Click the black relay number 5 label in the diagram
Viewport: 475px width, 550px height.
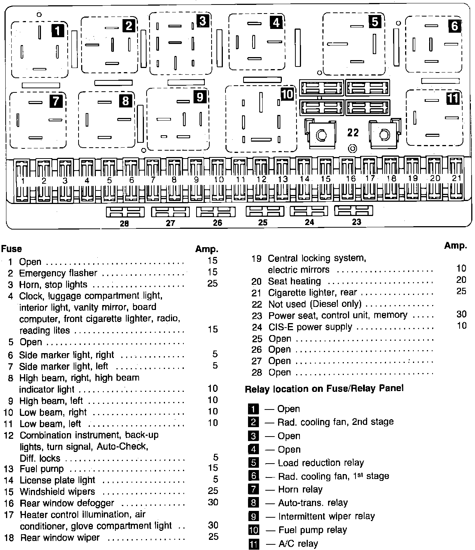coord(375,22)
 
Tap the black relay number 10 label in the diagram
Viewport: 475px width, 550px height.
coord(287,94)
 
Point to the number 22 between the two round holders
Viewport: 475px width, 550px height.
coord(353,133)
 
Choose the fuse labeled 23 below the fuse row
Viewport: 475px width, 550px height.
coord(354,211)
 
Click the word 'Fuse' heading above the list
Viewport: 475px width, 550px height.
coord(12,249)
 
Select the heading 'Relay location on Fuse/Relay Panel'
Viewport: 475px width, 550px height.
coord(324,388)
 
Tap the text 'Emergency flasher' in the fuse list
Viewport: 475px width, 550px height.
coord(58,273)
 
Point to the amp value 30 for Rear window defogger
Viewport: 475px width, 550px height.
coord(213,502)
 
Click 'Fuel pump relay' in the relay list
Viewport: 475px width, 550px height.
coord(312,530)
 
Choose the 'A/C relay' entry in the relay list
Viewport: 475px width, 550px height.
coord(298,544)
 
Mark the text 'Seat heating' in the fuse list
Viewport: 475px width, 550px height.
coord(294,281)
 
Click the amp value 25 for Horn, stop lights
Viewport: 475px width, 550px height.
coord(212,284)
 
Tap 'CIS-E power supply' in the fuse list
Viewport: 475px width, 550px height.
coord(310,327)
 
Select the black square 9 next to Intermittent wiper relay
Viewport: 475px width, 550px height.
coord(254,517)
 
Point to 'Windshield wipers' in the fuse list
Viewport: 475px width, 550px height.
coord(57,491)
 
